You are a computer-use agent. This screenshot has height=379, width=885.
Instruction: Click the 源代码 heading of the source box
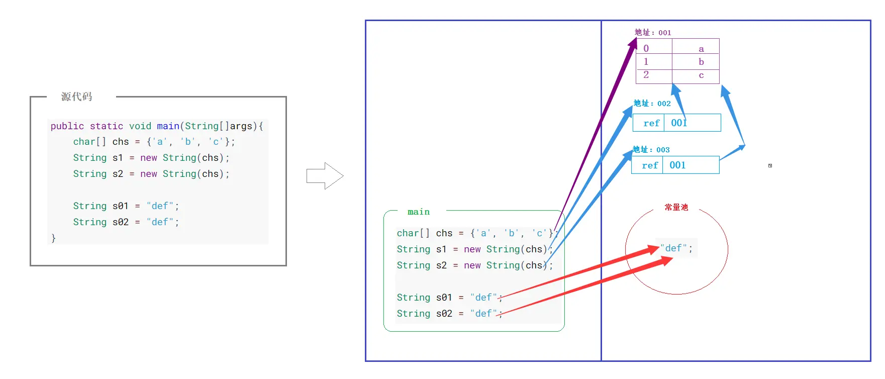click(77, 97)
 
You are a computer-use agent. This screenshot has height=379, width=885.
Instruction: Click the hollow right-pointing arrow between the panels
click(325, 176)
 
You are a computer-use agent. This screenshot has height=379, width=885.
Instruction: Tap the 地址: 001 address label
click(653, 33)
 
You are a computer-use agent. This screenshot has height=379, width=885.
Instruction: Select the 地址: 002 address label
click(652, 104)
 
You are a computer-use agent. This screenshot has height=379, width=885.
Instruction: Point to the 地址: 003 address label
click(651, 150)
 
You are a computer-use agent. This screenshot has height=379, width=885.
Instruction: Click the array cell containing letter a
click(701, 49)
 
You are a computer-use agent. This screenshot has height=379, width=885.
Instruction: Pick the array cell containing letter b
click(701, 62)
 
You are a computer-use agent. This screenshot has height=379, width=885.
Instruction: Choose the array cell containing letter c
click(701, 75)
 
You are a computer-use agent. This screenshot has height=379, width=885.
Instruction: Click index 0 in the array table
click(646, 49)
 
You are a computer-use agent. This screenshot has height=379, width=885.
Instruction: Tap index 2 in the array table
click(646, 75)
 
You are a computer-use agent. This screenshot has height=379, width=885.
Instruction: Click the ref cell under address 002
click(651, 123)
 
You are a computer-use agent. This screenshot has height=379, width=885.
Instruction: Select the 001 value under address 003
click(677, 165)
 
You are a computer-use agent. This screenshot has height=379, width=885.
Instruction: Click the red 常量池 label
click(676, 208)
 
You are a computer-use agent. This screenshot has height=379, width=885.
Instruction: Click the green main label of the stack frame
click(419, 212)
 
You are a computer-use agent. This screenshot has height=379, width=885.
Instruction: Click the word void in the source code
click(140, 126)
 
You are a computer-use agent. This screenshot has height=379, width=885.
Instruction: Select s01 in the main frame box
click(444, 298)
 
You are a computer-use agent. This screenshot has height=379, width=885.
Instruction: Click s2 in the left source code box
click(118, 174)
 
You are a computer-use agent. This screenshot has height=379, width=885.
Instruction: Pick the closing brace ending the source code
click(54, 238)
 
